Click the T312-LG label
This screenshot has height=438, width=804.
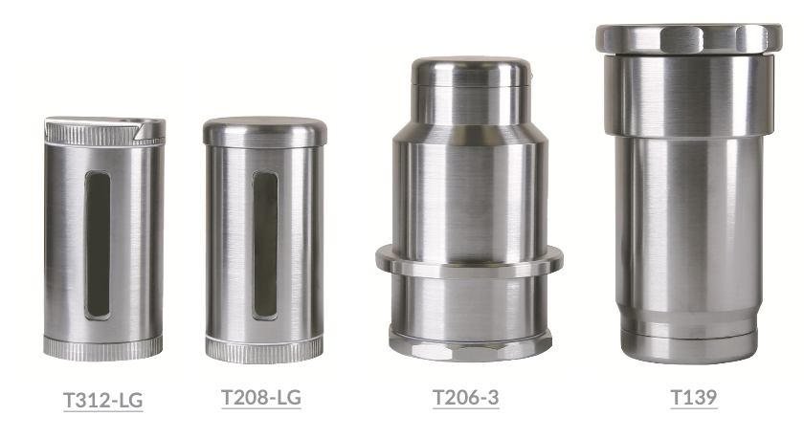103,400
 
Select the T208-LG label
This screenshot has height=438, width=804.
261,398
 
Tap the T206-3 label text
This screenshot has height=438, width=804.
465,398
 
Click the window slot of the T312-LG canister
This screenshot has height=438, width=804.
98,245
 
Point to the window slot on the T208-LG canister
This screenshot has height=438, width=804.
265,245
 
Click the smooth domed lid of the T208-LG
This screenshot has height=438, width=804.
264,131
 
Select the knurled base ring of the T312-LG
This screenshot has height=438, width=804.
102,347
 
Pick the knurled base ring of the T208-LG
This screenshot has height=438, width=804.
264,349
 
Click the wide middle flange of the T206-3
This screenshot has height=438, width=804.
469,261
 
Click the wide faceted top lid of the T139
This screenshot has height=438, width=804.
688,39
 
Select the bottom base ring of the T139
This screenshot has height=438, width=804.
688,344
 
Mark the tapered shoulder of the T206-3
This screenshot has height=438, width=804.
469,135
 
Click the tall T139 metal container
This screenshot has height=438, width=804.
688,191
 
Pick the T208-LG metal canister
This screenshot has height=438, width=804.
264,239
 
